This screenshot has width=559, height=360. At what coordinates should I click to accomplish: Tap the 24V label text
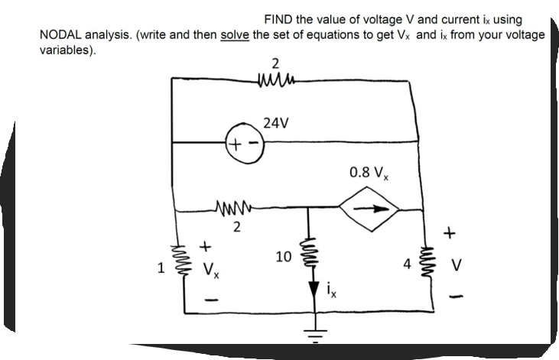point(275,122)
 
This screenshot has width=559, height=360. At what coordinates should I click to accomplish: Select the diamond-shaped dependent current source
point(370,206)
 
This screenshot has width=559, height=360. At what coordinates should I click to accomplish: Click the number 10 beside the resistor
point(282,258)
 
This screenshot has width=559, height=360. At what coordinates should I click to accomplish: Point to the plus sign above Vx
point(205,247)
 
